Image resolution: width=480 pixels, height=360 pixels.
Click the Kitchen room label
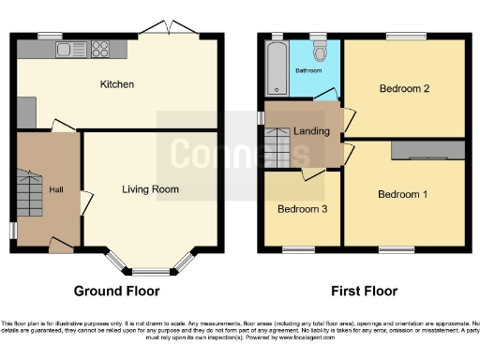coord(117,84)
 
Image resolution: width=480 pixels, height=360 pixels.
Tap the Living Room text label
coord(150,189)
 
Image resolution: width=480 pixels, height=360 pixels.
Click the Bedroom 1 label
coord(402,195)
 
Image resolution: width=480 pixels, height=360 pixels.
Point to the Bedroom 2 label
coord(404,89)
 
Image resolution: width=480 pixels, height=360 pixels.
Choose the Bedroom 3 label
coord(302,208)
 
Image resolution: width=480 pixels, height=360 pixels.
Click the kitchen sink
coord(68,49)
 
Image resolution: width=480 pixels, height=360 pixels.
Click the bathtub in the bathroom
coord(276,67)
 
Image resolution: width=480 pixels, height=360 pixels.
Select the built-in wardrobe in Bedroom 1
coord(427,150)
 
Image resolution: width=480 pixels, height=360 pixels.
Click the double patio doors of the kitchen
coord(172,31)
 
